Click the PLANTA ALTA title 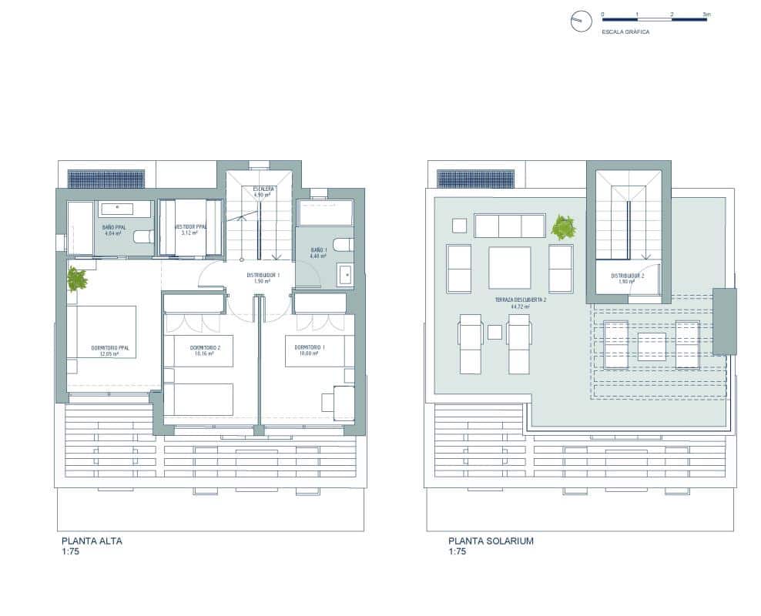pyautogui.click(x=91, y=541)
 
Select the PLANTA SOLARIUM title pyautogui.click(x=491, y=541)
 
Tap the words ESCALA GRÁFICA pyautogui.click(x=625, y=32)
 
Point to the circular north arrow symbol pyautogui.click(x=580, y=22)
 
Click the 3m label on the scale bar pyautogui.click(x=706, y=15)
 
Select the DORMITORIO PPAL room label pyautogui.click(x=109, y=349)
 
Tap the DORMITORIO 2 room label pyautogui.click(x=205, y=348)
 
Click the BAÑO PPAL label pyautogui.click(x=113, y=228)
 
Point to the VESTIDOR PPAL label pyautogui.click(x=192, y=227)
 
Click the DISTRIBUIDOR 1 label pyautogui.click(x=263, y=275)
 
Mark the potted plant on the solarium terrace pyautogui.click(x=563, y=228)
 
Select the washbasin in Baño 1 pyautogui.click(x=346, y=273)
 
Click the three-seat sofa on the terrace pyautogui.click(x=509, y=226)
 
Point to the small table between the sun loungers pyautogui.click(x=494, y=332)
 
